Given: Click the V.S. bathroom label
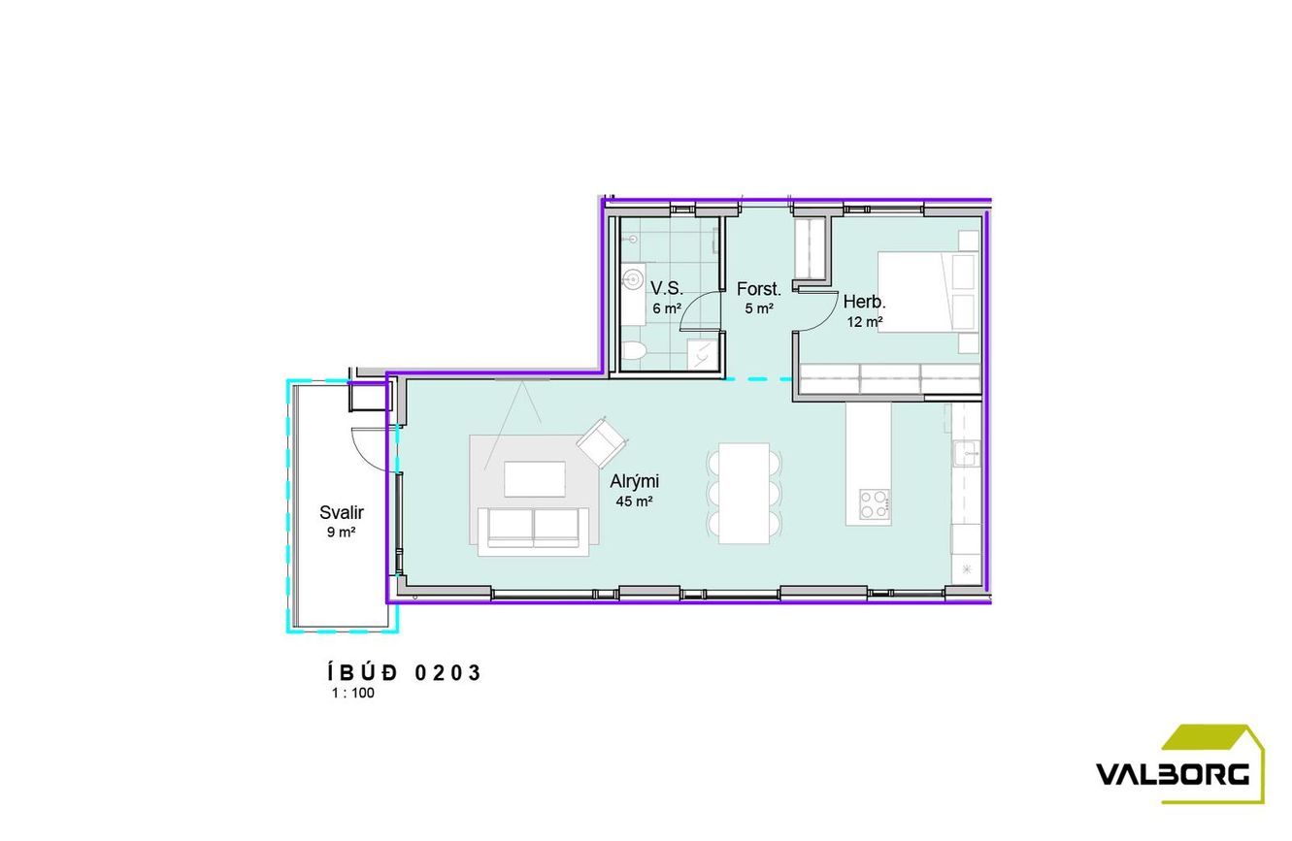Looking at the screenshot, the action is tap(667, 288).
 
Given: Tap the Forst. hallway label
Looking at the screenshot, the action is tap(758, 289).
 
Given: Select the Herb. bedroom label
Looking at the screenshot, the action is tap(864, 302).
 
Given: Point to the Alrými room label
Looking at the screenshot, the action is tap(635, 481).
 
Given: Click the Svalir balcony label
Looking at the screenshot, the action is tap(342, 512).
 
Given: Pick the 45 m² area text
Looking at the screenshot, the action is tap(634, 501).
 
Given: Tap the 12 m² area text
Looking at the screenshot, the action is tap(865, 322).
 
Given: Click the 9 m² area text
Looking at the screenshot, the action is tap(341, 532).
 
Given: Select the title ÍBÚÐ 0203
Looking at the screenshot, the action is tap(405, 672).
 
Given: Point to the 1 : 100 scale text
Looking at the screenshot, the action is tap(353, 693).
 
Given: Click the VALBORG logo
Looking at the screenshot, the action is tap(1180, 763).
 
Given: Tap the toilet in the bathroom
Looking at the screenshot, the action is tap(635, 350).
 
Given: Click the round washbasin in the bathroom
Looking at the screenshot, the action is tap(634, 280).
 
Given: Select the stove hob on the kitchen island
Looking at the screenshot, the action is tap(875, 504).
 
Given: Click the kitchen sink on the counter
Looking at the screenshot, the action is tap(966, 454).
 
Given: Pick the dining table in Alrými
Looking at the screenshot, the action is tap(745, 494).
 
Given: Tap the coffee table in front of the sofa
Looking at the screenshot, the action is tap(535, 479).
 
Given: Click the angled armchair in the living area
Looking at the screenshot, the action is tap(602, 442).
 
